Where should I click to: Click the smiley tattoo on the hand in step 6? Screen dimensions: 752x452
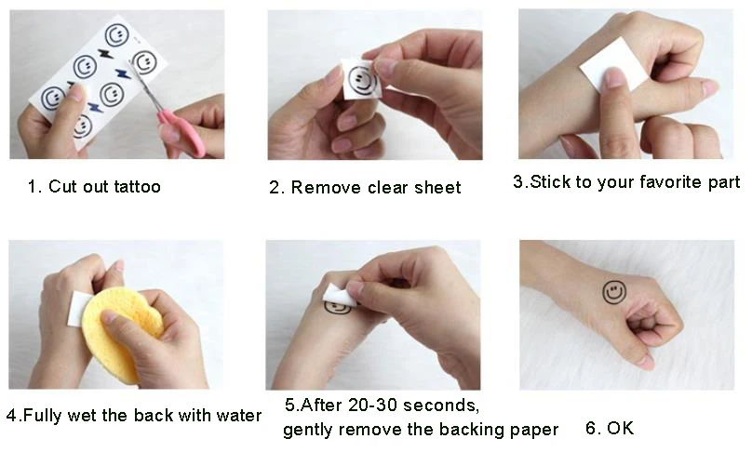coord(614,292)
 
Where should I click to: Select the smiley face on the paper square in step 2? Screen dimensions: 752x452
coord(362,80)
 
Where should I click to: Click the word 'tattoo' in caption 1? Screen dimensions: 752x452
coord(137,186)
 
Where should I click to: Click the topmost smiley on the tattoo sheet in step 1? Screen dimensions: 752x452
coord(116,35)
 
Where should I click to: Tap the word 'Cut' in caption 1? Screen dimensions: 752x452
coord(63,186)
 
